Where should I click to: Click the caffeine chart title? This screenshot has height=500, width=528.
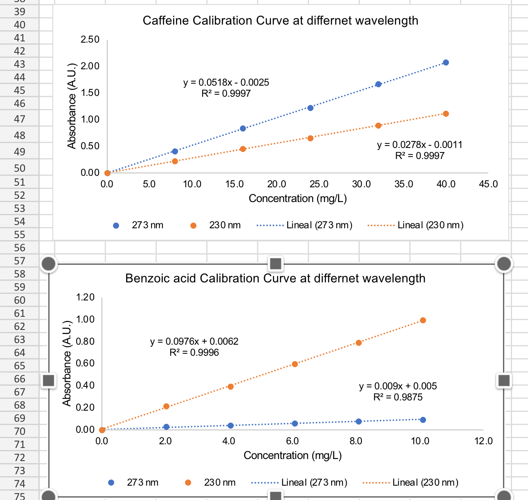(280, 20)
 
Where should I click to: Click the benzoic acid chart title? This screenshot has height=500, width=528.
(275, 278)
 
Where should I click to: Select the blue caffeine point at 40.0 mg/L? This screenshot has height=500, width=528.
(446, 63)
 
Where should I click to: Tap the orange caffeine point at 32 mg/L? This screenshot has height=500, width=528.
(378, 125)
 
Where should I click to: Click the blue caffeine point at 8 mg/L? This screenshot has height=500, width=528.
(175, 152)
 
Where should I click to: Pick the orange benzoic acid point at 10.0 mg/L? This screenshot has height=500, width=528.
(423, 320)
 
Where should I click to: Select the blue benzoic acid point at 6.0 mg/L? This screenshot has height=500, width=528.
(295, 423)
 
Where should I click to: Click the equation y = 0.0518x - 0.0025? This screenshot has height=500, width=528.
(226, 82)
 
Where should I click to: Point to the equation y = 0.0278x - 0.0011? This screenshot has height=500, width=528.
(420, 145)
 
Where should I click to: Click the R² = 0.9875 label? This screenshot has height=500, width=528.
(398, 397)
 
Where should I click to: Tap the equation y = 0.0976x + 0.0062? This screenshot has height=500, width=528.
(194, 341)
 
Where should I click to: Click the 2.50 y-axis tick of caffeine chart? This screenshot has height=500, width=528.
(90, 39)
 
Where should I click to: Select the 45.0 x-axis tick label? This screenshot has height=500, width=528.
(488, 184)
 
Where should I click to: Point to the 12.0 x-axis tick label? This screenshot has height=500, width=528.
(483, 441)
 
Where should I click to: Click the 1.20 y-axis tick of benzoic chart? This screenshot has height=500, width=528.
(85, 297)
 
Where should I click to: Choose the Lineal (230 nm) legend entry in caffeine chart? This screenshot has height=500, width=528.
(415, 225)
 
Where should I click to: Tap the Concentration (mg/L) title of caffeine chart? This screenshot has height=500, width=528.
(298, 198)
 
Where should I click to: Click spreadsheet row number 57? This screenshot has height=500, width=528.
(19, 261)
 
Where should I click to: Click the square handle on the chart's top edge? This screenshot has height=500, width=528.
(276, 264)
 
